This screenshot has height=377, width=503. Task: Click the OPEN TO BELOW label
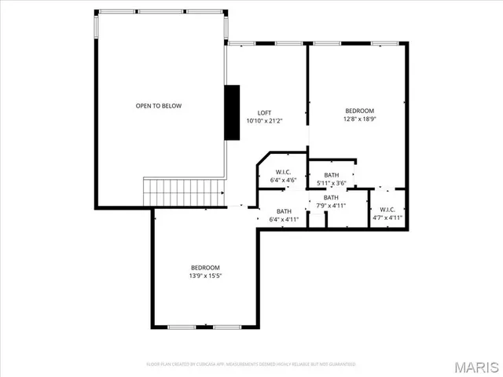click(x=159, y=106)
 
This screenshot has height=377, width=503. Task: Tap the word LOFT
click(x=266, y=112)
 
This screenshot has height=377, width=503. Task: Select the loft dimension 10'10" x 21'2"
click(x=266, y=121)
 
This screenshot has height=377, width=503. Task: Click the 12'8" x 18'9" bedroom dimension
click(x=359, y=120)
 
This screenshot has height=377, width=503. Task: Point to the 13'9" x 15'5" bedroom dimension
click(x=204, y=276)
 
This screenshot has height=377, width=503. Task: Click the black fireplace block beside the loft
click(x=232, y=112)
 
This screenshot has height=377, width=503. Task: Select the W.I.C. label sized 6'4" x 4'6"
click(x=284, y=172)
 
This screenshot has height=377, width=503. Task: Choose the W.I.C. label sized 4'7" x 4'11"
click(x=387, y=209)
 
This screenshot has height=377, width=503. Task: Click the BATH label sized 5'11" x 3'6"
click(x=332, y=175)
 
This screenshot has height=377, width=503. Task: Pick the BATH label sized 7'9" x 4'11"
click(x=331, y=197)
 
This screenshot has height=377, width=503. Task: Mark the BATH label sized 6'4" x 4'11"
click(x=284, y=211)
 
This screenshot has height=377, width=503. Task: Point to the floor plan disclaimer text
click(x=251, y=364)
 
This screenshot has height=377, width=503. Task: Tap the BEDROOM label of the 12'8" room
click(x=359, y=111)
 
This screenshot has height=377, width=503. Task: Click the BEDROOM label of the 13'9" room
click(x=204, y=267)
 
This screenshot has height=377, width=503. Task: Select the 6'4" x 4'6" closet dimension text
click(x=284, y=181)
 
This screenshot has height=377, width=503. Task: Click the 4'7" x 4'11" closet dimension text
click(x=387, y=218)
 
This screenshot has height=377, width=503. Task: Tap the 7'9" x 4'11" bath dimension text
click(x=331, y=206)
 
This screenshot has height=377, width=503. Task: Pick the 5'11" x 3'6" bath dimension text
click(x=332, y=183)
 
